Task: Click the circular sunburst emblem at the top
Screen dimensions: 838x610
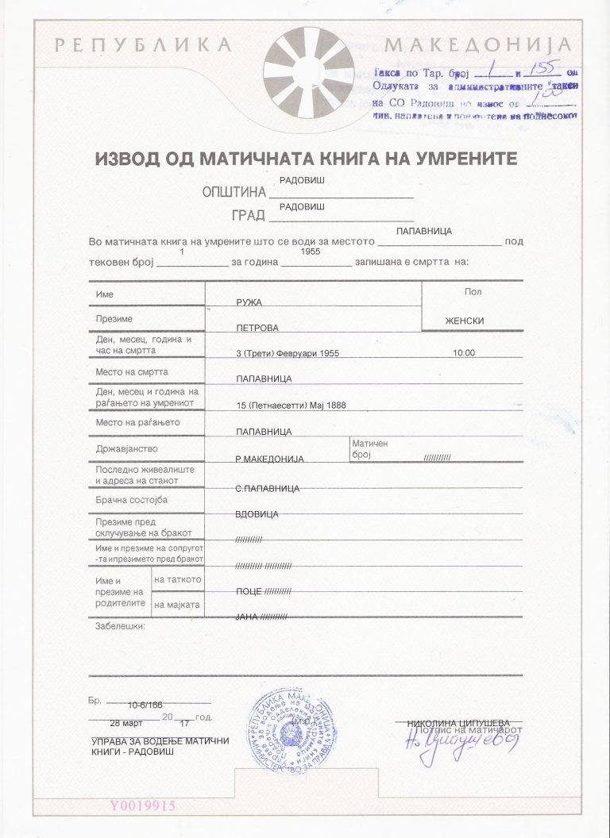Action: pos(309,72)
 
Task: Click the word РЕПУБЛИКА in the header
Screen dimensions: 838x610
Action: pos(143,45)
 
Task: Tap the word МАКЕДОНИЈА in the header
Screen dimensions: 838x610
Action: pos(477,45)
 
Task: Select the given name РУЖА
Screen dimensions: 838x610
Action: pos(249,303)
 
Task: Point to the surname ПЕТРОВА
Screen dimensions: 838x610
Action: pos(257,327)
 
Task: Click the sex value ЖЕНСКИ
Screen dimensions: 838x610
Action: pos(465,321)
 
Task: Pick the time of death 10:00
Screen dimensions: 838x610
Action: pos(464,353)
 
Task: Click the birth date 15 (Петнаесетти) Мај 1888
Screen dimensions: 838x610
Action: pos(291,406)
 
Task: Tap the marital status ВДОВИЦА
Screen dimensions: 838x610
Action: pos(257,514)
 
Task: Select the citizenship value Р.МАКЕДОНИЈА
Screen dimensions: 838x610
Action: pos(269,459)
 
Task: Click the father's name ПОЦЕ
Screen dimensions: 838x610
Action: pos(249,591)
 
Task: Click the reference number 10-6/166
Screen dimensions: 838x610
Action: pos(145,705)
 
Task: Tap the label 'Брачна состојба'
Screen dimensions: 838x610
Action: pos(131,500)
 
